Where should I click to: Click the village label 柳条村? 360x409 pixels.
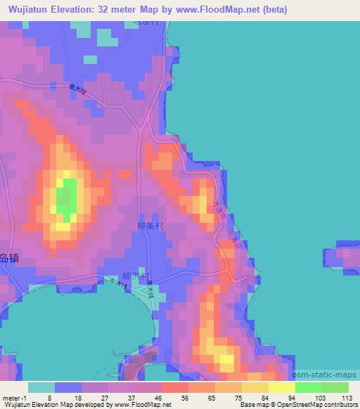[x=150, y=227]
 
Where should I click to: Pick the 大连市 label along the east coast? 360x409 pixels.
[x=219, y=210]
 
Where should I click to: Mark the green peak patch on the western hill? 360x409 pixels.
[x=67, y=196]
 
